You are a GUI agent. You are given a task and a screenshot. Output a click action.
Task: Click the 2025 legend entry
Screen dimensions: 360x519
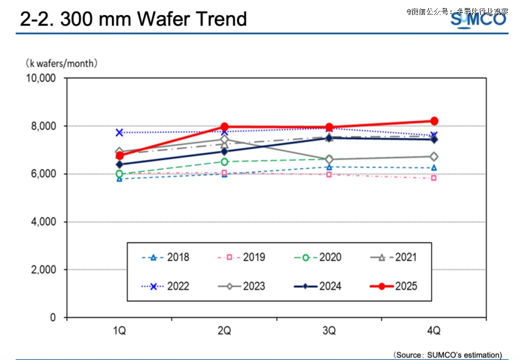point(393,286)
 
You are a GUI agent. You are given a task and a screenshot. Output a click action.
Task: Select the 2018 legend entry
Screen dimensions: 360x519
point(166,257)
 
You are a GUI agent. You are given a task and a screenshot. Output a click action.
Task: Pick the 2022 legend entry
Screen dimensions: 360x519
point(166,286)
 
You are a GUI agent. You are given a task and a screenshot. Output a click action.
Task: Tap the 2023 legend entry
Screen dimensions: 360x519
point(242,286)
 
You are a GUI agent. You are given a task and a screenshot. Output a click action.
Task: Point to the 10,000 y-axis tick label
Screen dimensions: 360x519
point(40,78)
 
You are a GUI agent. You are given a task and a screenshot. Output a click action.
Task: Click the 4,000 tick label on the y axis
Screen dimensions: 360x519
point(43,222)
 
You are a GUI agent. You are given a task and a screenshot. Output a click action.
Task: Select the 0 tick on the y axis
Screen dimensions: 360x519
point(52,317)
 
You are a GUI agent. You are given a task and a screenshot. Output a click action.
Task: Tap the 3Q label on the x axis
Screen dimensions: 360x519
point(329,331)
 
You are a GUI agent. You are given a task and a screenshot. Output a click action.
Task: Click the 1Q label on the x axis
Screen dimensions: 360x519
point(120,331)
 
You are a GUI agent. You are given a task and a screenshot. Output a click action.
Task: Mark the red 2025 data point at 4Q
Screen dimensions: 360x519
point(434,121)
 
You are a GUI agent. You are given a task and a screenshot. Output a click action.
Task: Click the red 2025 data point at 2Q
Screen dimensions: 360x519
point(225,127)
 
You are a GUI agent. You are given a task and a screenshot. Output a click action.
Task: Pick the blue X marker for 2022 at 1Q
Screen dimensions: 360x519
point(120,132)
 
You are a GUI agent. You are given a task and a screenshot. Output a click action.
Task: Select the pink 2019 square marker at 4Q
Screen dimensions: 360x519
point(434,178)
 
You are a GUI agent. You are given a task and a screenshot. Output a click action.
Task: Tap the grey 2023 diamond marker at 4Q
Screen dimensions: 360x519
point(434,156)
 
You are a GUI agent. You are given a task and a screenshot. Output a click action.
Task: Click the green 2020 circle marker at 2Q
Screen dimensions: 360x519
point(225,162)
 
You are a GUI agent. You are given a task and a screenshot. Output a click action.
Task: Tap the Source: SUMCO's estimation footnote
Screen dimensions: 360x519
point(447,354)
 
